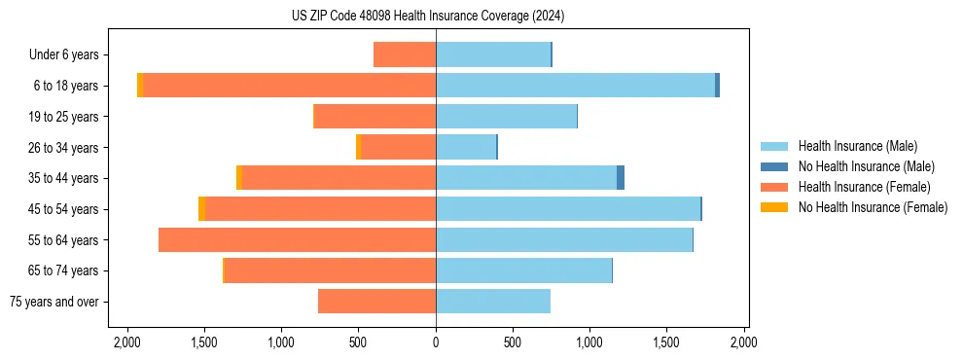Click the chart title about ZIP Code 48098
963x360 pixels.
(427, 17)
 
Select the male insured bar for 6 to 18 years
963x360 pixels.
(575, 86)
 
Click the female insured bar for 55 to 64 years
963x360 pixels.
(297, 239)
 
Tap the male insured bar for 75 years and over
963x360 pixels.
(493, 302)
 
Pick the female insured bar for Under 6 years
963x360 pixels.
(405, 54)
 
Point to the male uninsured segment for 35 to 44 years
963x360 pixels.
(621, 178)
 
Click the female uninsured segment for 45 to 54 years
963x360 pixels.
(201, 209)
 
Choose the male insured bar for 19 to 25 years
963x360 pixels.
(506, 117)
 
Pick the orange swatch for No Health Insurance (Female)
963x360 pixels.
(774, 207)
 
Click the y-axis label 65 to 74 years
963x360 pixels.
(65, 270)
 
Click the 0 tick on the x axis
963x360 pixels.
(436, 342)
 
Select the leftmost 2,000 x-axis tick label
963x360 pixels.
(127, 342)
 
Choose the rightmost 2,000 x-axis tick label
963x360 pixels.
(743, 342)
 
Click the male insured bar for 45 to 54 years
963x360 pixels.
(568, 209)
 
